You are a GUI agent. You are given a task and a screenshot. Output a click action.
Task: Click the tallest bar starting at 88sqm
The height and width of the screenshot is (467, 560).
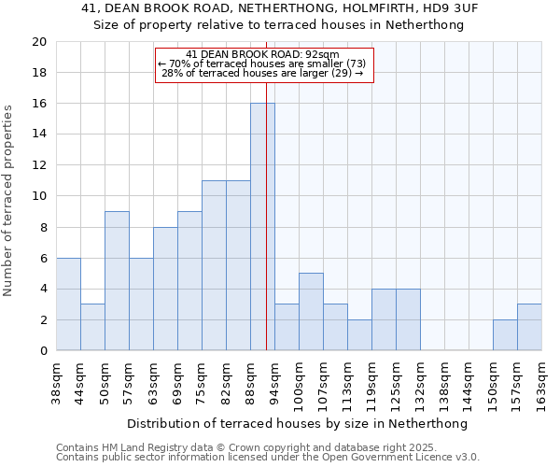(x=262, y=227)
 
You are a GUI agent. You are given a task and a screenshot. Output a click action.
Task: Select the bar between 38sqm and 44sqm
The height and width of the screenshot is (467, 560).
(x=68, y=304)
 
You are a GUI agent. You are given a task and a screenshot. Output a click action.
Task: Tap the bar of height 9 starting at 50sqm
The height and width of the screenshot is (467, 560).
(x=117, y=281)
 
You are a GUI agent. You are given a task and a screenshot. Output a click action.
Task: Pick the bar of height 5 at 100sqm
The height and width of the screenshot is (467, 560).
(x=311, y=312)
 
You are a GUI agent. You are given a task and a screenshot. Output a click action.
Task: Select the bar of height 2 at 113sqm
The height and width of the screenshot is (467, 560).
(x=359, y=335)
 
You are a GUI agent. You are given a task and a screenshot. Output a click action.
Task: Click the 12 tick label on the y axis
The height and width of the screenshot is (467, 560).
(x=39, y=165)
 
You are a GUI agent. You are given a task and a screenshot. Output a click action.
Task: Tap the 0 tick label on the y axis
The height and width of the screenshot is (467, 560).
(x=43, y=351)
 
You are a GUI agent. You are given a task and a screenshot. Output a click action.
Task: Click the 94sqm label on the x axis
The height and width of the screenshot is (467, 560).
(x=274, y=381)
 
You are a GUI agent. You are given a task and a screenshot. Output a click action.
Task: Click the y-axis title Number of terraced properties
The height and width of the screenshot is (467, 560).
(x=9, y=200)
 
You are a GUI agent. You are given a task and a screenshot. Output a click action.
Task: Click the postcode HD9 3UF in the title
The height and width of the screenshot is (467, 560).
(x=452, y=8)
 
